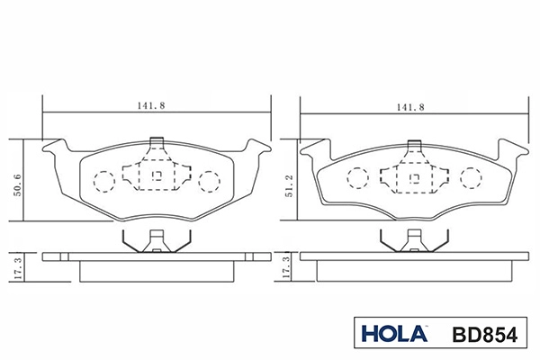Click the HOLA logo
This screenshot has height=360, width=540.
[394, 333]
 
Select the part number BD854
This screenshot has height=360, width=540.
[485, 335]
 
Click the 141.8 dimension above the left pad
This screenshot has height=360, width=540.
[151, 106]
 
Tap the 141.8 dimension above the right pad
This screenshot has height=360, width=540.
[410, 107]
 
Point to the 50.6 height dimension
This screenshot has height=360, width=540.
[17, 185]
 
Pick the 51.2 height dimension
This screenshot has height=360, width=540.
[289, 186]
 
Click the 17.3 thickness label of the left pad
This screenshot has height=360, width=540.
[18, 268]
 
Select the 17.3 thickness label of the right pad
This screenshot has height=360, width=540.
[286, 267]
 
